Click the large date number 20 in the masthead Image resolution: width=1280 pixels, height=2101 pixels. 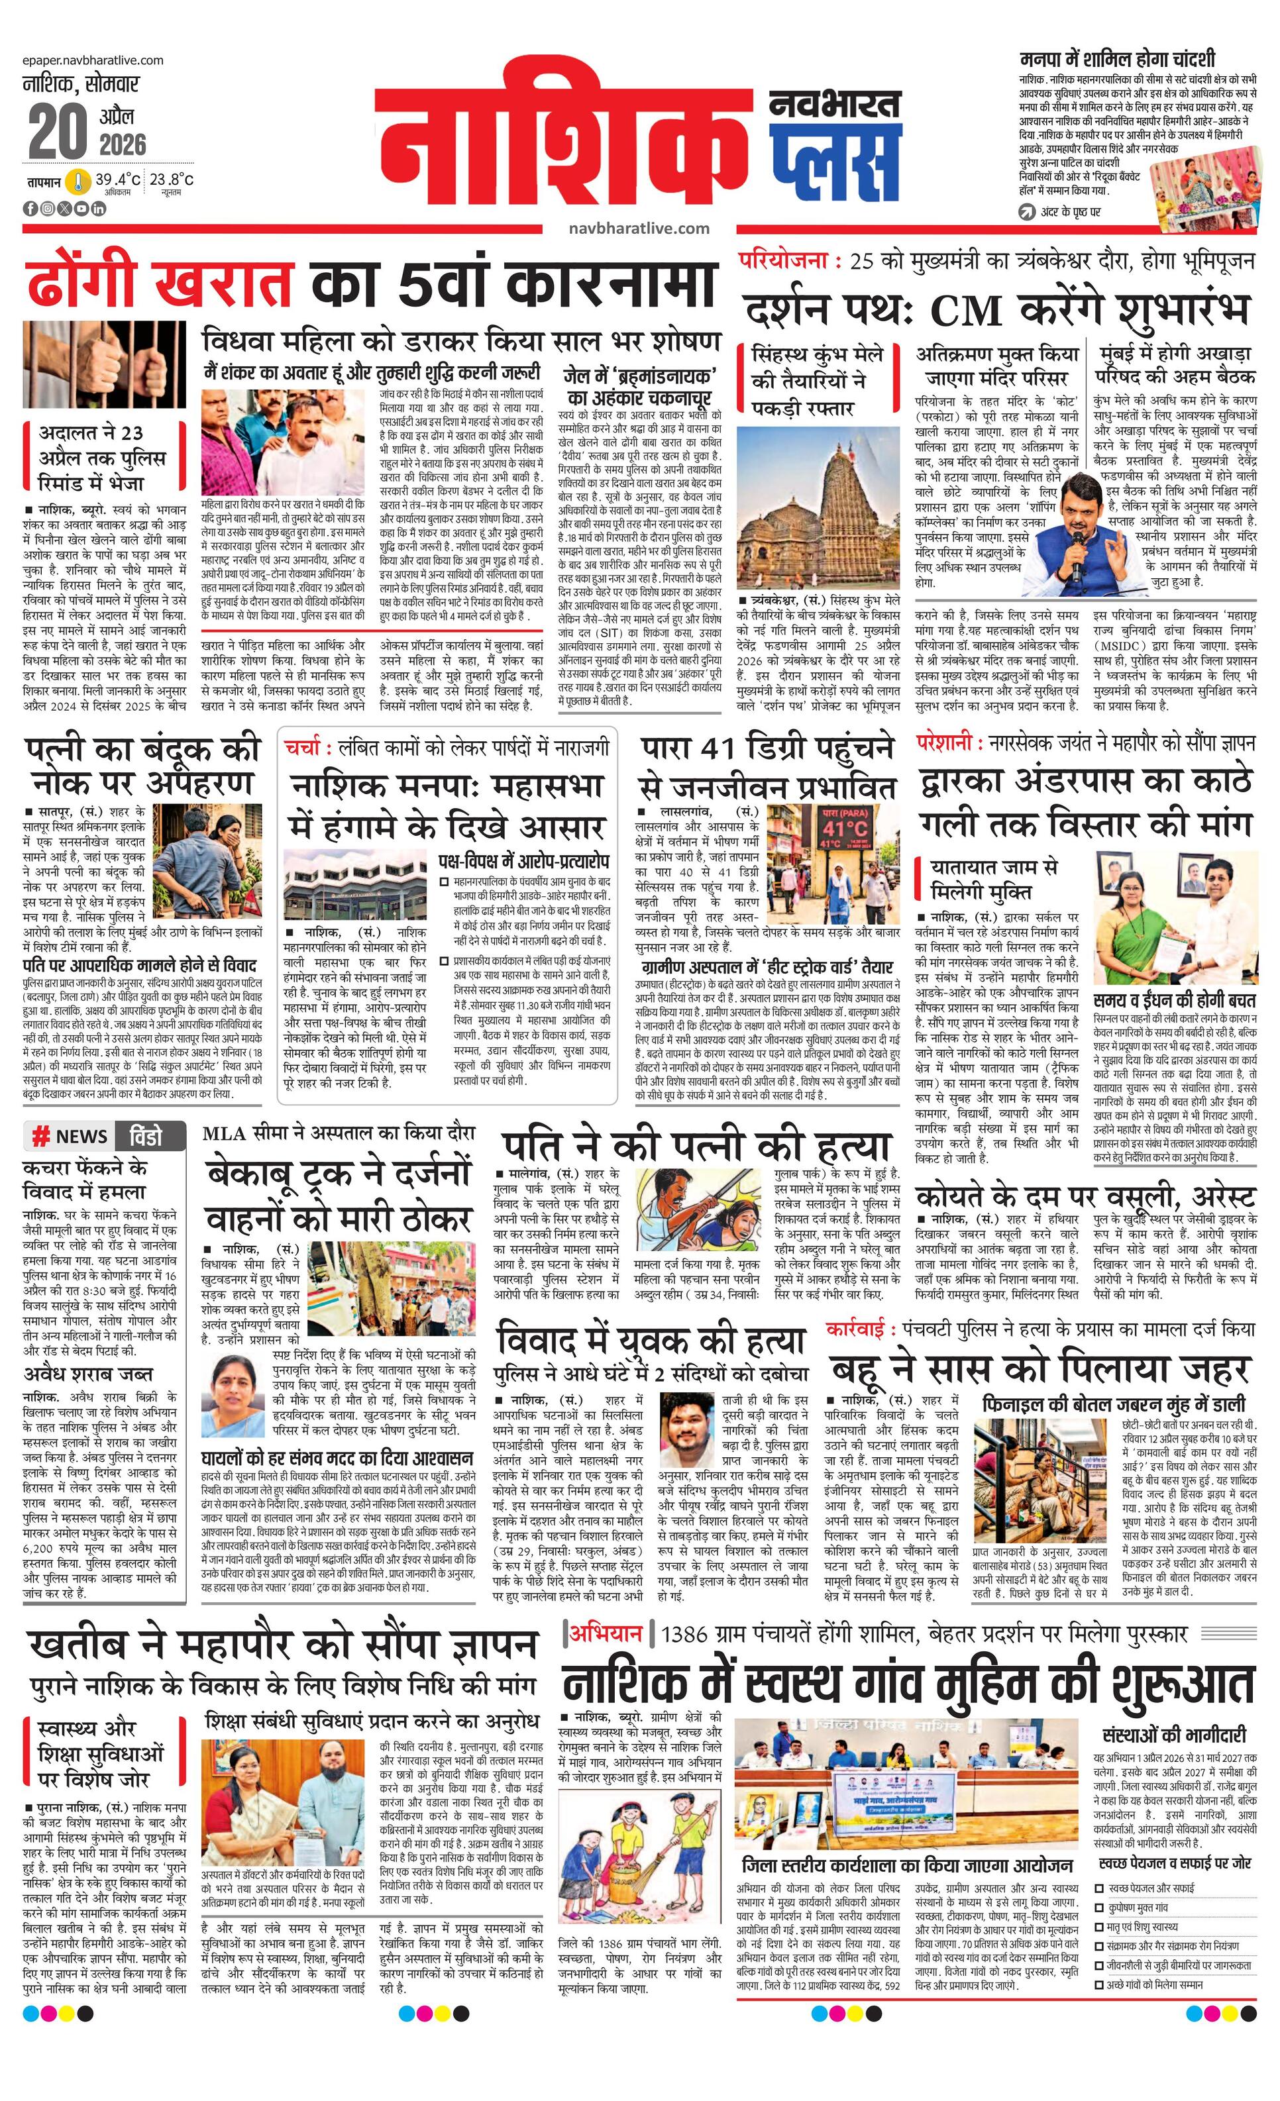[x=57, y=130]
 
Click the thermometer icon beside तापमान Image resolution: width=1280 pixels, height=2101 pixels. [x=78, y=181]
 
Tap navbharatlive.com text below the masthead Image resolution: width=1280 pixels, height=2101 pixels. [x=639, y=228]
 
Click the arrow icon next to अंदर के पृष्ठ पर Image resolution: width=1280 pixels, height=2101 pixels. [x=1028, y=211]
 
